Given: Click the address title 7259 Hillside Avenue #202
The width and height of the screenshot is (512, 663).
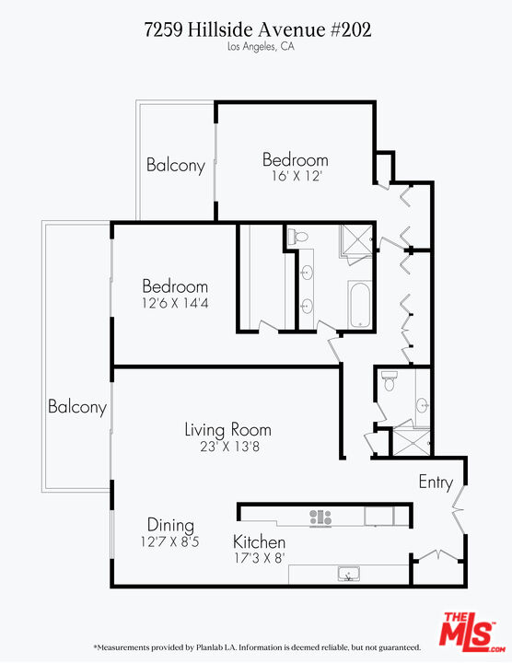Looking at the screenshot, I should click(258, 29).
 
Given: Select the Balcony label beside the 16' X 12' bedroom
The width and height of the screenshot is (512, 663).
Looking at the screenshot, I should click(175, 166).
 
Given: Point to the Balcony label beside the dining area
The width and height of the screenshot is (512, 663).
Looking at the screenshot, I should click(77, 406).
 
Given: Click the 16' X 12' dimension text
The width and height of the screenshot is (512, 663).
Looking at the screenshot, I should click(295, 177).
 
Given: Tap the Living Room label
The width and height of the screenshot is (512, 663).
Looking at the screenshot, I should click(227, 429).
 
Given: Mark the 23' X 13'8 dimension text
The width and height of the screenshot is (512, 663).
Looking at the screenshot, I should click(227, 448).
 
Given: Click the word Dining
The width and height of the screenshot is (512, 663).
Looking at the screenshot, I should click(170, 525).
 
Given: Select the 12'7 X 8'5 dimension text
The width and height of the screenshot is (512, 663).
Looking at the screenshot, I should click(170, 542).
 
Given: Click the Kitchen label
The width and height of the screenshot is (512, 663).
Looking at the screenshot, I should click(259, 541).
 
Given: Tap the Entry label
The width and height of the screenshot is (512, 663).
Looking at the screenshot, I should click(435, 482).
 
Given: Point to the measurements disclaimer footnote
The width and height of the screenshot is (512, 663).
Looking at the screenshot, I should click(257, 647).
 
